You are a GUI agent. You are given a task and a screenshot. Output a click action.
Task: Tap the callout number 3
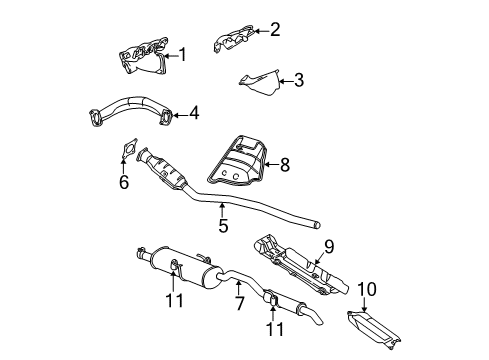pyautogui.click(x=298, y=80)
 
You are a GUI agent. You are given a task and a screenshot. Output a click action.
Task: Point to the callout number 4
pyautogui.click(x=194, y=112)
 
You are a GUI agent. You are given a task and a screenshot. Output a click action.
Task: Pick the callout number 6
pyautogui.click(x=124, y=182)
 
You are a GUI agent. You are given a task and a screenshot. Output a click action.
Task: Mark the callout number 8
pyautogui.click(x=285, y=164)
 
